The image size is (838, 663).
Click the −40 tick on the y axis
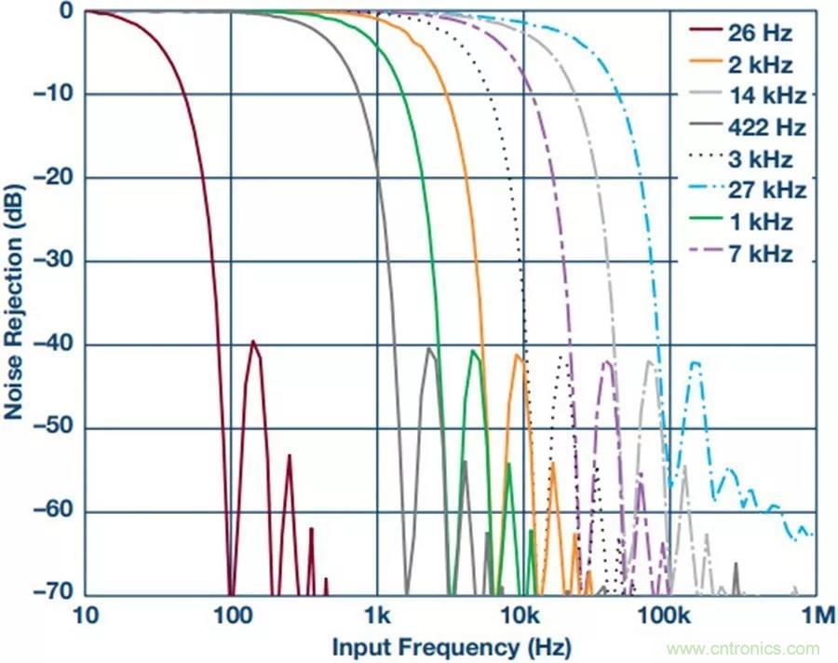point(56,345)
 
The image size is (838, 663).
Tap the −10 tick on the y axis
point(56,94)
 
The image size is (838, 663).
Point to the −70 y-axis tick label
point(56,595)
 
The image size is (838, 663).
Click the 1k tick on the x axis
point(376,616)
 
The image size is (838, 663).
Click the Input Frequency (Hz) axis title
point(451,646)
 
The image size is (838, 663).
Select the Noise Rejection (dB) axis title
point(15,303)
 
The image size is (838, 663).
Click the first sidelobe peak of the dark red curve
point(252,342)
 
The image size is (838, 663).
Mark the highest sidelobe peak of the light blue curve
point(695,363)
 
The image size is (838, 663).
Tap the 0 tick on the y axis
point(67,11)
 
